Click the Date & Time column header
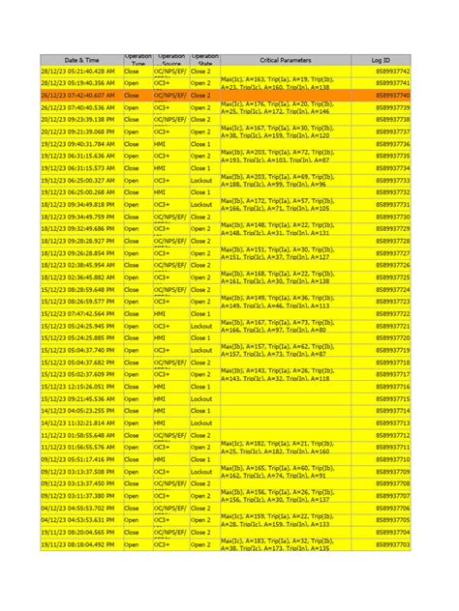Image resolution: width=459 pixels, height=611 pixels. (81, 59)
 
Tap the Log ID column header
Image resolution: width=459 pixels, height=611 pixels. (381, 59)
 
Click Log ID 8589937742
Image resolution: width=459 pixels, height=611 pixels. (392, 72)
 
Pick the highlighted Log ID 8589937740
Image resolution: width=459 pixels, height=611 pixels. (392, 96)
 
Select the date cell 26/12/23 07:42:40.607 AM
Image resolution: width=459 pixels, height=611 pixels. (78, 96)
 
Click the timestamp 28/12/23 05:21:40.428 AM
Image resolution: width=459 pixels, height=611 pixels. (78, 72)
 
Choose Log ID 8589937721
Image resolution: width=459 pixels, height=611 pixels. (392, 326)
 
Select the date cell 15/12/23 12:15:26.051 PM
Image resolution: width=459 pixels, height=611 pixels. (78, 387)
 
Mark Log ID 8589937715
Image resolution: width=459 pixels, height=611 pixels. (392, 398)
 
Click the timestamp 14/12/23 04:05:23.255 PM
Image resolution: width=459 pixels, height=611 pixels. (78, 411)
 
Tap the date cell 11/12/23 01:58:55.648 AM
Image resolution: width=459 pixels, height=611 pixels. (78, 435)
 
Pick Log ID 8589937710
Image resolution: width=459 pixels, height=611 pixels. (392, 459)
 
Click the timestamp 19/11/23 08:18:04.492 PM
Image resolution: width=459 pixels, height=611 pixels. (78, 544)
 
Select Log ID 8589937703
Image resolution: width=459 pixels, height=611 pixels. (392, 544)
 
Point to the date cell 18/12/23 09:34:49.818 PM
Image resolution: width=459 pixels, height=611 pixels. (78, 205)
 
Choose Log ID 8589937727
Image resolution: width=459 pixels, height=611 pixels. (392, 253)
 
